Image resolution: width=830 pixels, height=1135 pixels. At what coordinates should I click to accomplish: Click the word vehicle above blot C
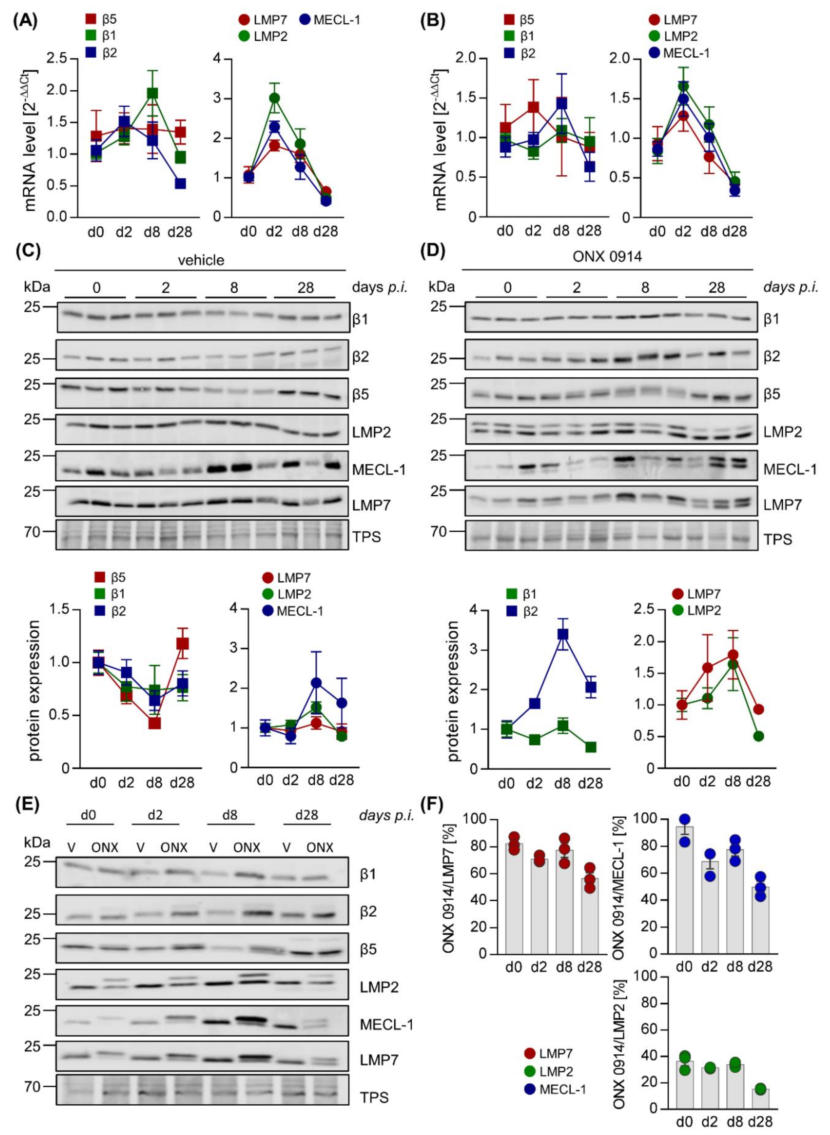click(x=201, y=260)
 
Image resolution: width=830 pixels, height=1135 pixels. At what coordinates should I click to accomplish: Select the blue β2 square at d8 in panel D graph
click(x=563, y=634)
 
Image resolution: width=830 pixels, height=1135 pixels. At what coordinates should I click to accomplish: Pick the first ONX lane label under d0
click(x=105, y=848)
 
